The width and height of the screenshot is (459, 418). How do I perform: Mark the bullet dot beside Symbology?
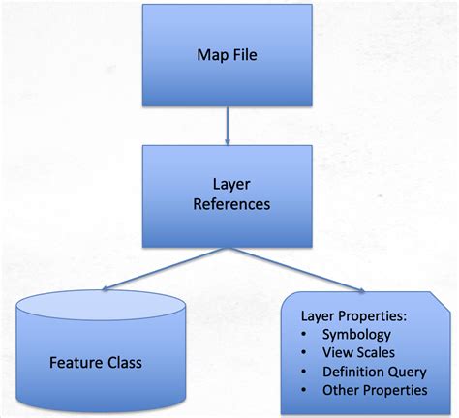[304, 335]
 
